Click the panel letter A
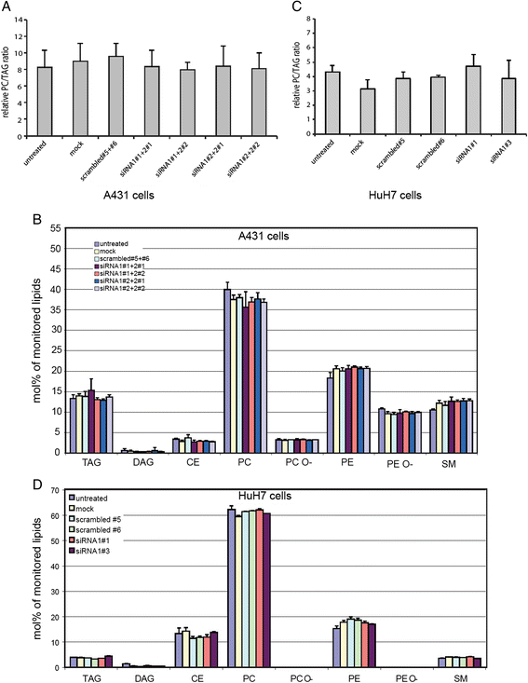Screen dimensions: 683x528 (x=9, y=7)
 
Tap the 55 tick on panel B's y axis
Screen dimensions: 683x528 (x=54, y=226)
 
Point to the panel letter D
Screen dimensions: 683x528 (x=9, y=482)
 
